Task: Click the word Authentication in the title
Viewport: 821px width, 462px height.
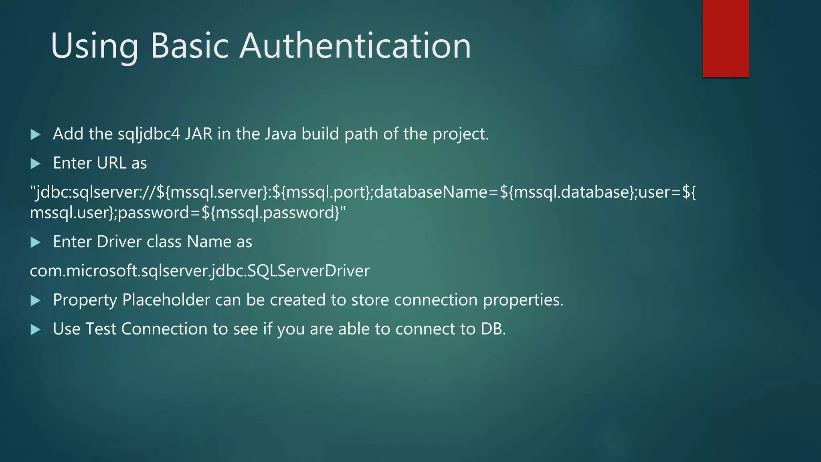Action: click(355, 46)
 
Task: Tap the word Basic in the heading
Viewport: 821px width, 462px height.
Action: click(189, 46)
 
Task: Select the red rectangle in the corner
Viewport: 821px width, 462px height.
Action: click(726, 38)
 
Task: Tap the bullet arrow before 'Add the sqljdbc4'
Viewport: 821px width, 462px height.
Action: click(36, 135)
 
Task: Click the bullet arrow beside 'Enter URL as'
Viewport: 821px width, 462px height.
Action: click(36, 164)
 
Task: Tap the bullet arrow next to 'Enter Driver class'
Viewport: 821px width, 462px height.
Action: click(36, 242)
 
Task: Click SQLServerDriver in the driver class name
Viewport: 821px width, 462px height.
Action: click(309, 271)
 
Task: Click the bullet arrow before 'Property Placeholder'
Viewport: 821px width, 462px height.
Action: click(36, 300)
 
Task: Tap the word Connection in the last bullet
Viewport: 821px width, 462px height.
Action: click(164, 329)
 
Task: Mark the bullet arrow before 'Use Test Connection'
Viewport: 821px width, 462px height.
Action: click(36, 330)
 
